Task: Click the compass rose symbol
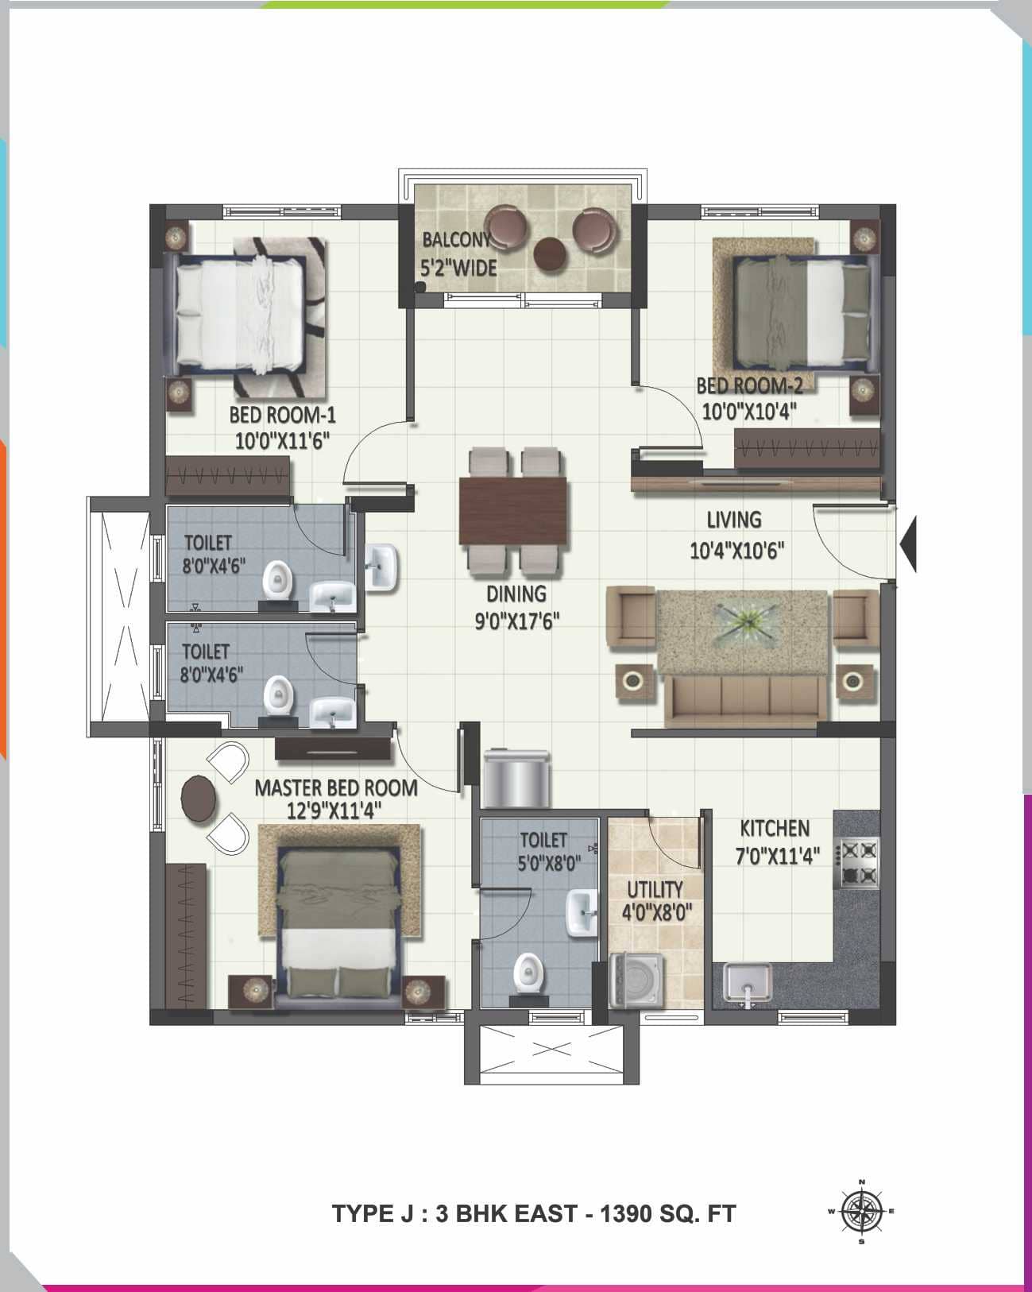coord(862,1211)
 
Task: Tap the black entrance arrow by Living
coord(910,544)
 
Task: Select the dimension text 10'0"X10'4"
coord(749,411)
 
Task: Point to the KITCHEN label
coord(775,829)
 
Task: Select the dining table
coord(514,511)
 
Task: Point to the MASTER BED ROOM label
coord(336,788)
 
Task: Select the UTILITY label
coord(655,889)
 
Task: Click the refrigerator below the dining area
coord(516,776)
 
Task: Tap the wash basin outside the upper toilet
coord(382,567)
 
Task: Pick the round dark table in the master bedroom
coord(198,798)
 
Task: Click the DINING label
coord(516,594)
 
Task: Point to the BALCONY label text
coord(454,239)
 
